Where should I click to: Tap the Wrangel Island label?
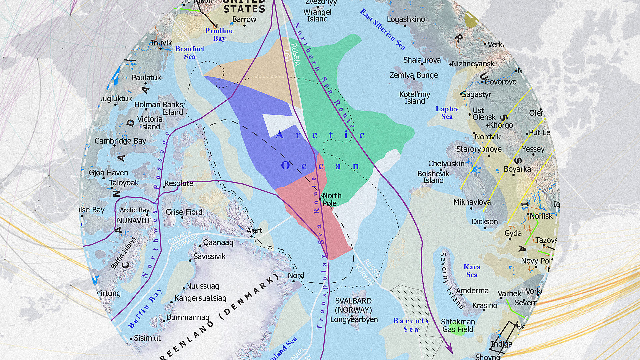click(x=317, y=15)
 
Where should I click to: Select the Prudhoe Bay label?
click(x=219, y=34)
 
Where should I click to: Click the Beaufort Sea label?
click(x=190, y=52)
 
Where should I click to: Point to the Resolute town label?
click(x=179, y=183)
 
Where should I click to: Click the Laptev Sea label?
click(x=447, y=112)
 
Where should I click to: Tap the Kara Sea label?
click(x=472, y=270)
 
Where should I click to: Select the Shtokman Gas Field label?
click(x=458, y=325)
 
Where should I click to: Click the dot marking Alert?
click(x=252, y=236)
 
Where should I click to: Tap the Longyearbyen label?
click(x=354, y=319)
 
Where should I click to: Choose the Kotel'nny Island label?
click(x=415, y=98)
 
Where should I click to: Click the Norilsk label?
click(x=541, y=216)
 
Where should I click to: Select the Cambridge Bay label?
click(x=120, y=141)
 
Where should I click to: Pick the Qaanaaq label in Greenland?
click(x=218, y=242)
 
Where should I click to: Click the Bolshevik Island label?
click(x=433, y=177)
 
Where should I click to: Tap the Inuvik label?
click(x=161, y=43)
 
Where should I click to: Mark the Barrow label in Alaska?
click(x=244, y=19)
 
